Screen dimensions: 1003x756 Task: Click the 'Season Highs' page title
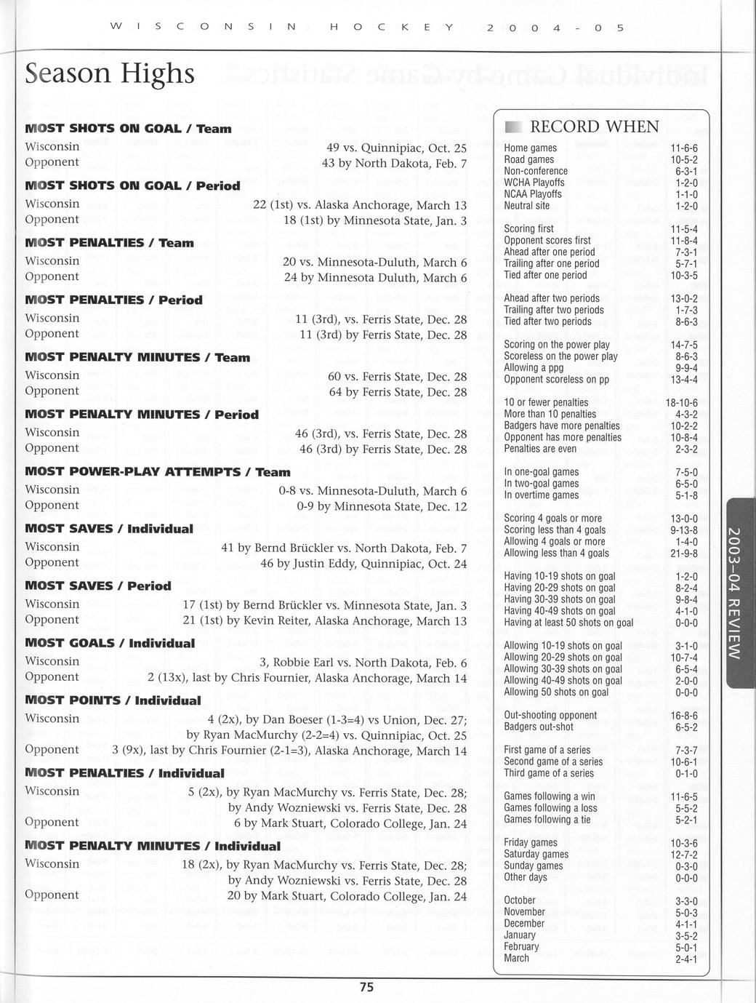110,73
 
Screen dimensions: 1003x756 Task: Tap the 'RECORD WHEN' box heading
595,127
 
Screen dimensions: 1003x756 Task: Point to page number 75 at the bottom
366,987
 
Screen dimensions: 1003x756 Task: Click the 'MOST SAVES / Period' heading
98,586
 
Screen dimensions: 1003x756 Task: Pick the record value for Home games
683,148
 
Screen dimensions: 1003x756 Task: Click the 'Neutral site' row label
527,206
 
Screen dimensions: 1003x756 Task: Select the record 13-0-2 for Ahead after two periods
683,298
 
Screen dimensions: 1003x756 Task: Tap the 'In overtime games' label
542,495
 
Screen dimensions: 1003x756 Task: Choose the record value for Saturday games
683,854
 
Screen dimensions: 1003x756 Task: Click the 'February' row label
521,946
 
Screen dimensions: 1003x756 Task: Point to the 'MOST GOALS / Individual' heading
110,643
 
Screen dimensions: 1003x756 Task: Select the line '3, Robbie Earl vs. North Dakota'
363,663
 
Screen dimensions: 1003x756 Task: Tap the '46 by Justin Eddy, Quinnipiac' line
363,563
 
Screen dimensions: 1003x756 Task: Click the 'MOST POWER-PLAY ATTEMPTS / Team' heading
158,471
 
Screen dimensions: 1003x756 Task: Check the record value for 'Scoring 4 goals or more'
683,519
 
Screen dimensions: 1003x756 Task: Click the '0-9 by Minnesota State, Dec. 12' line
382,506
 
